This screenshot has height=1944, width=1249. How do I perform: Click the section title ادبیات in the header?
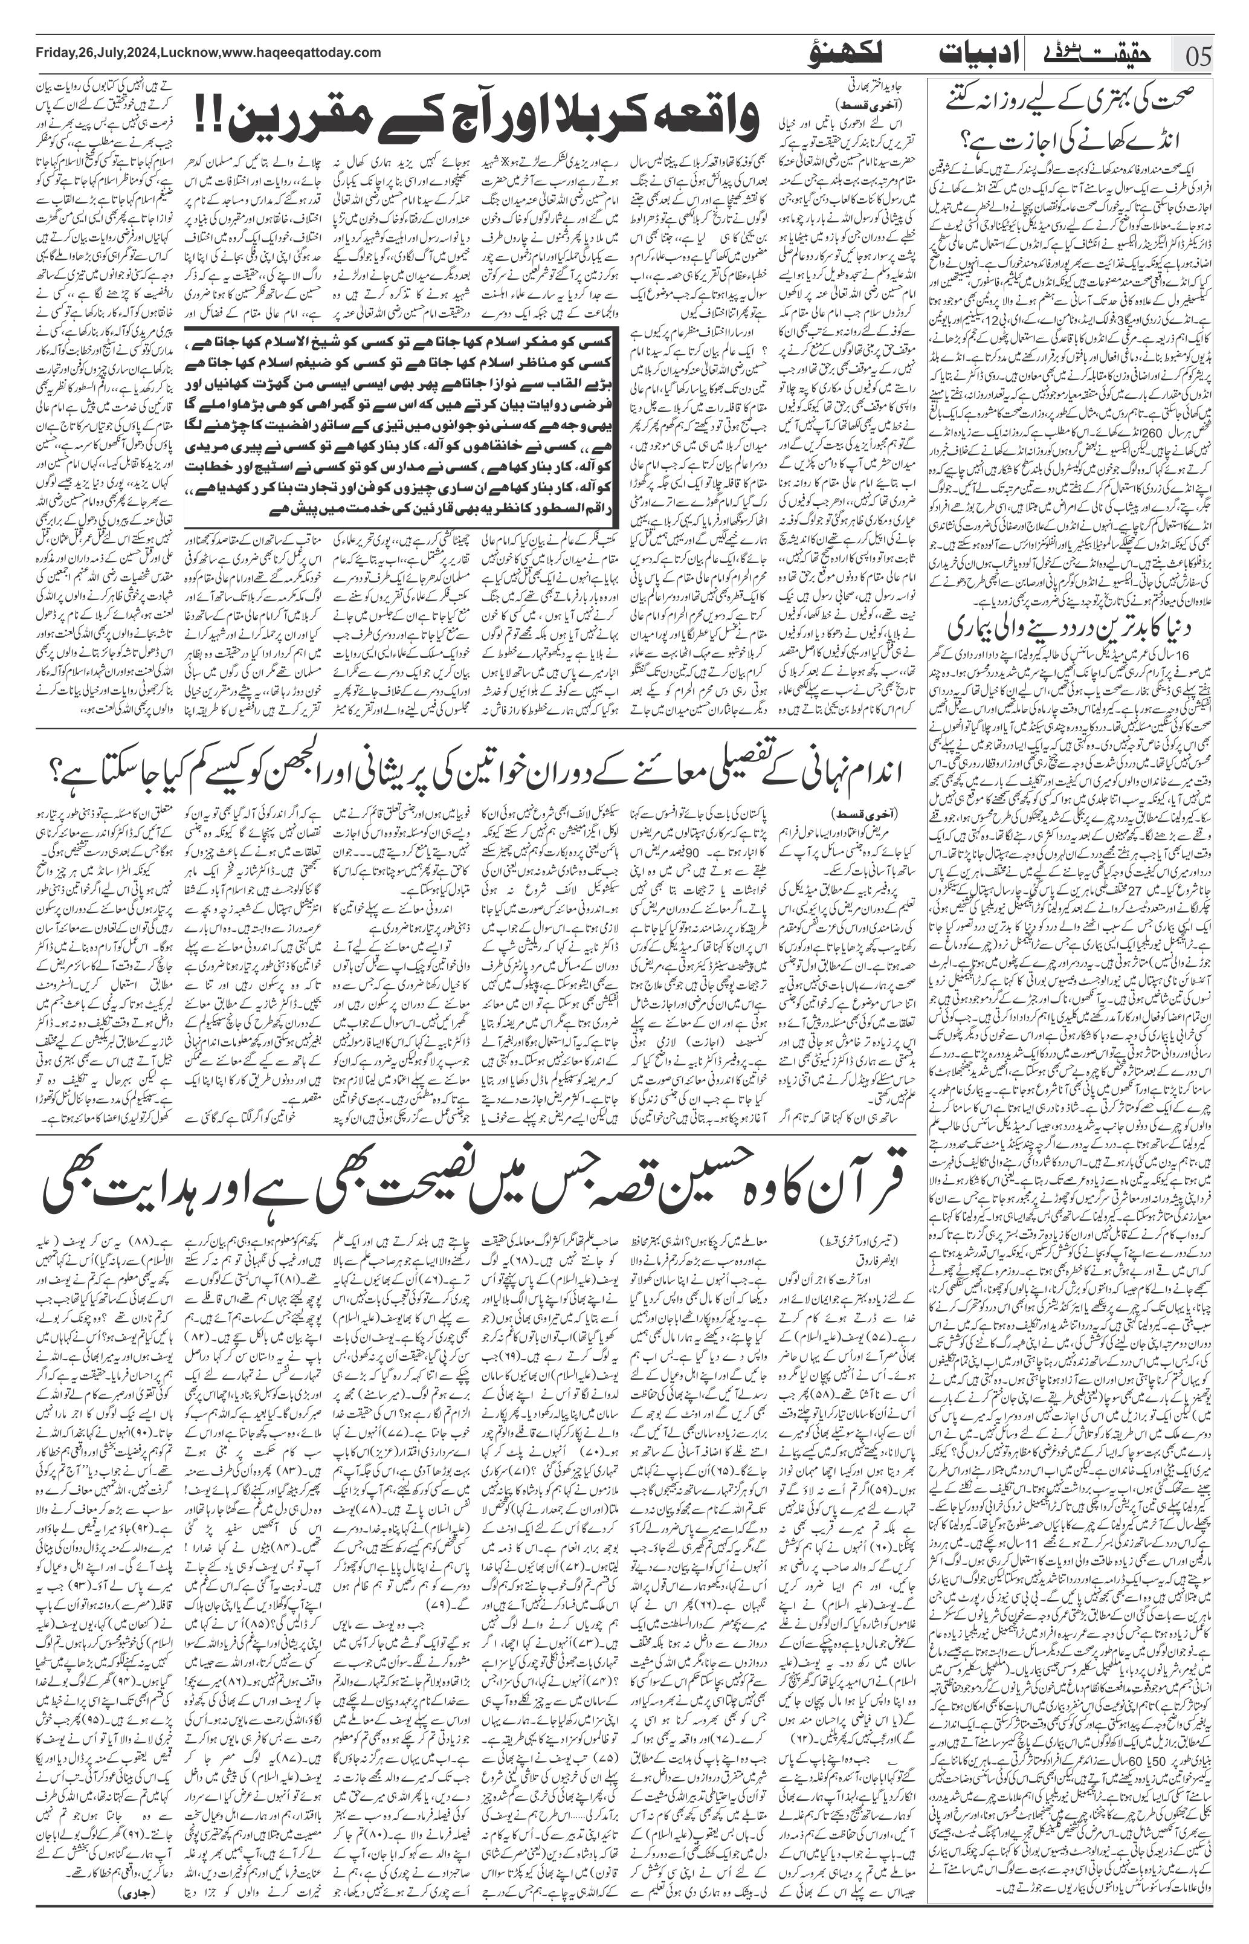974,54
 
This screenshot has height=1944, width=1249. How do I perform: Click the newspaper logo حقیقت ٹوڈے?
1095,54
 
